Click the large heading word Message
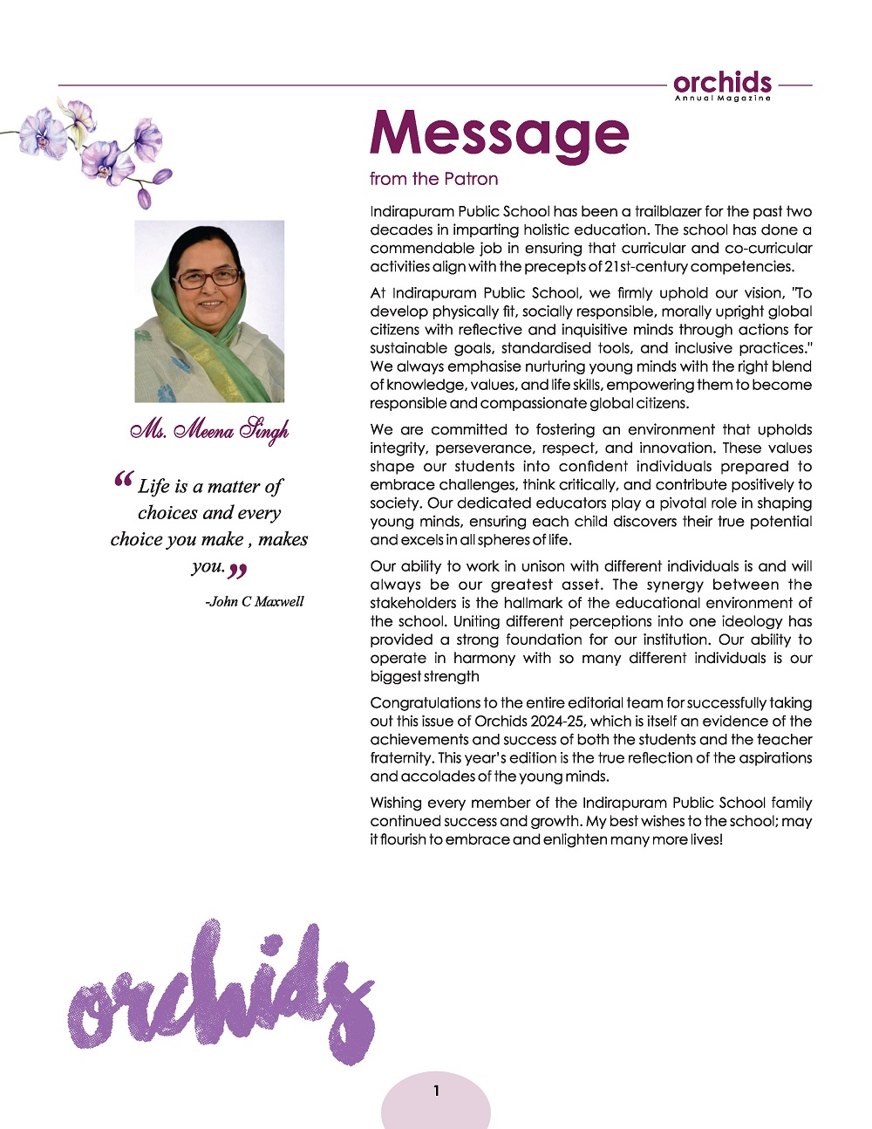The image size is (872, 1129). click(x=499, y=133)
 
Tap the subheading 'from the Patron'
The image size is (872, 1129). click(x=433, y=179)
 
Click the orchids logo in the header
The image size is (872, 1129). click(x=722, y=83)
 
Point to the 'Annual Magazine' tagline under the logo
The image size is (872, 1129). click(x=722, y=99)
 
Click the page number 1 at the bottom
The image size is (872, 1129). click(x=436, y=1091)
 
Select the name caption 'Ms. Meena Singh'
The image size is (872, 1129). click(x=209, y=430)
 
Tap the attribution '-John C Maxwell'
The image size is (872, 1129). click(x=255, y=602)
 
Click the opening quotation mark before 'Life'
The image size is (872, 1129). click(x=124, y=482)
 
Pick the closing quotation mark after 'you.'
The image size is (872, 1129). click(x=237, y=571)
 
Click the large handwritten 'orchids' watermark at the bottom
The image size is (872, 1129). click(x=222, y=995)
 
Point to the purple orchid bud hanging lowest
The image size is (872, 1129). click(x=145, y=198)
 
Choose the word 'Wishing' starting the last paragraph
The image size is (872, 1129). click(x=397, y=802)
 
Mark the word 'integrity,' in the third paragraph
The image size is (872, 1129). click(x=400, y=448)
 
